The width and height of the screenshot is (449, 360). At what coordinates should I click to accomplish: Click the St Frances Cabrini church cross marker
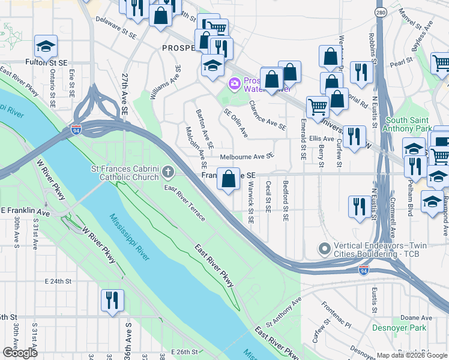coord(168,173)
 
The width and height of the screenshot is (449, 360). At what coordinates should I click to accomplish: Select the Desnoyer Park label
coord(399,328)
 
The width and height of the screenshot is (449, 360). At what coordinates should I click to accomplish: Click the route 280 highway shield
coord(381,12)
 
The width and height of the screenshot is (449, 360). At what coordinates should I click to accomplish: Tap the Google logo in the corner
coord(20,352)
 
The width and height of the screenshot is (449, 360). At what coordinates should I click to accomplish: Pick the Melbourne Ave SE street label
coord(247,156)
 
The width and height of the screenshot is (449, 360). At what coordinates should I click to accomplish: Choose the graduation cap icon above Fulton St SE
coord(45,46)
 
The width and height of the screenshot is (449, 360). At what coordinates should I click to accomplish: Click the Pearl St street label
coord(402,61)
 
